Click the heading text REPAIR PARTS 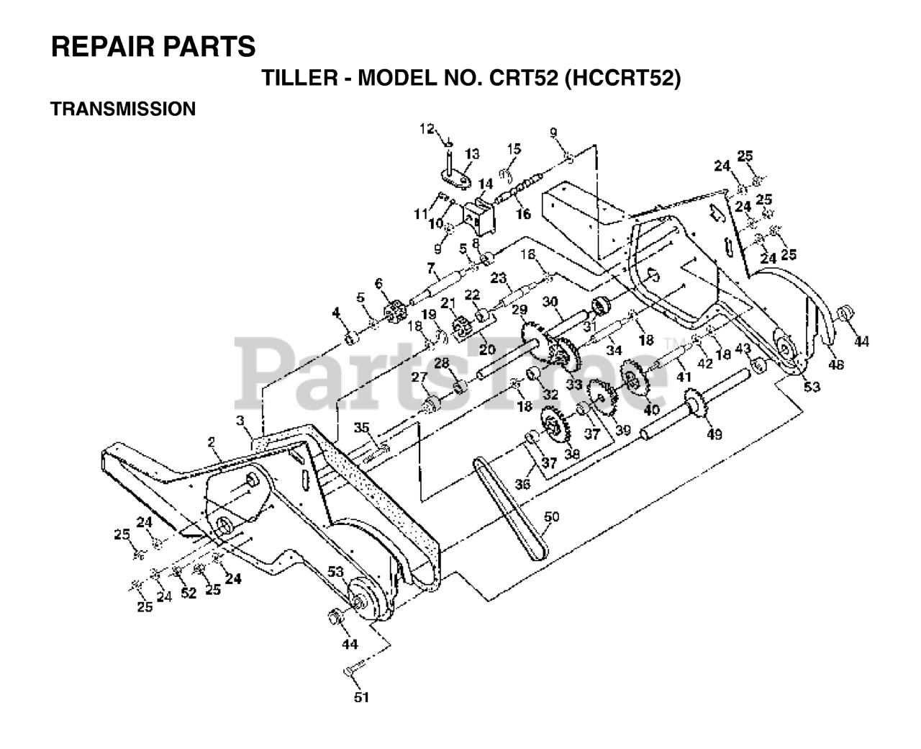(153, 47)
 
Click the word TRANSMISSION (123, 109)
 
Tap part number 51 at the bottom (362, 696)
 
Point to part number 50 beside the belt (552, 516)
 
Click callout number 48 (835, 364)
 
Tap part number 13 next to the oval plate (472, 153)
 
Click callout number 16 (523, 214)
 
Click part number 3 (240, 419)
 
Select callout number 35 (360, 428)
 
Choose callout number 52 (189, 593)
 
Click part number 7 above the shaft (431, 269)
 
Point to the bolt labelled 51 (350, 671)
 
